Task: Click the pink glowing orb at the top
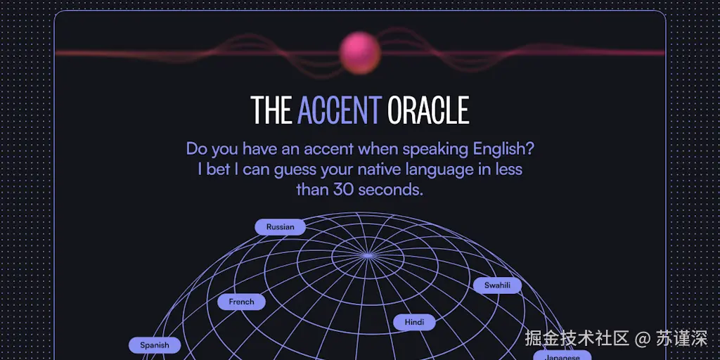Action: [360, 52]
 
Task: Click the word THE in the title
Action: [271, 110]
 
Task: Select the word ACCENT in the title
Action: [340, 110]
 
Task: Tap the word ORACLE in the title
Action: [428, 110]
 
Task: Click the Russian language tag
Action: [280, 227]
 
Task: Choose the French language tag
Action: [241, 302]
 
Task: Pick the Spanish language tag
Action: [155, 345]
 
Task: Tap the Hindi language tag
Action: [414, 322]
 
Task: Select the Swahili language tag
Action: [497, 285]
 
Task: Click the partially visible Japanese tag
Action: [562, 356]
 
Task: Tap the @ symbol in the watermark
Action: [642, 338]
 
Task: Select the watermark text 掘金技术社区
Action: [577, 338]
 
